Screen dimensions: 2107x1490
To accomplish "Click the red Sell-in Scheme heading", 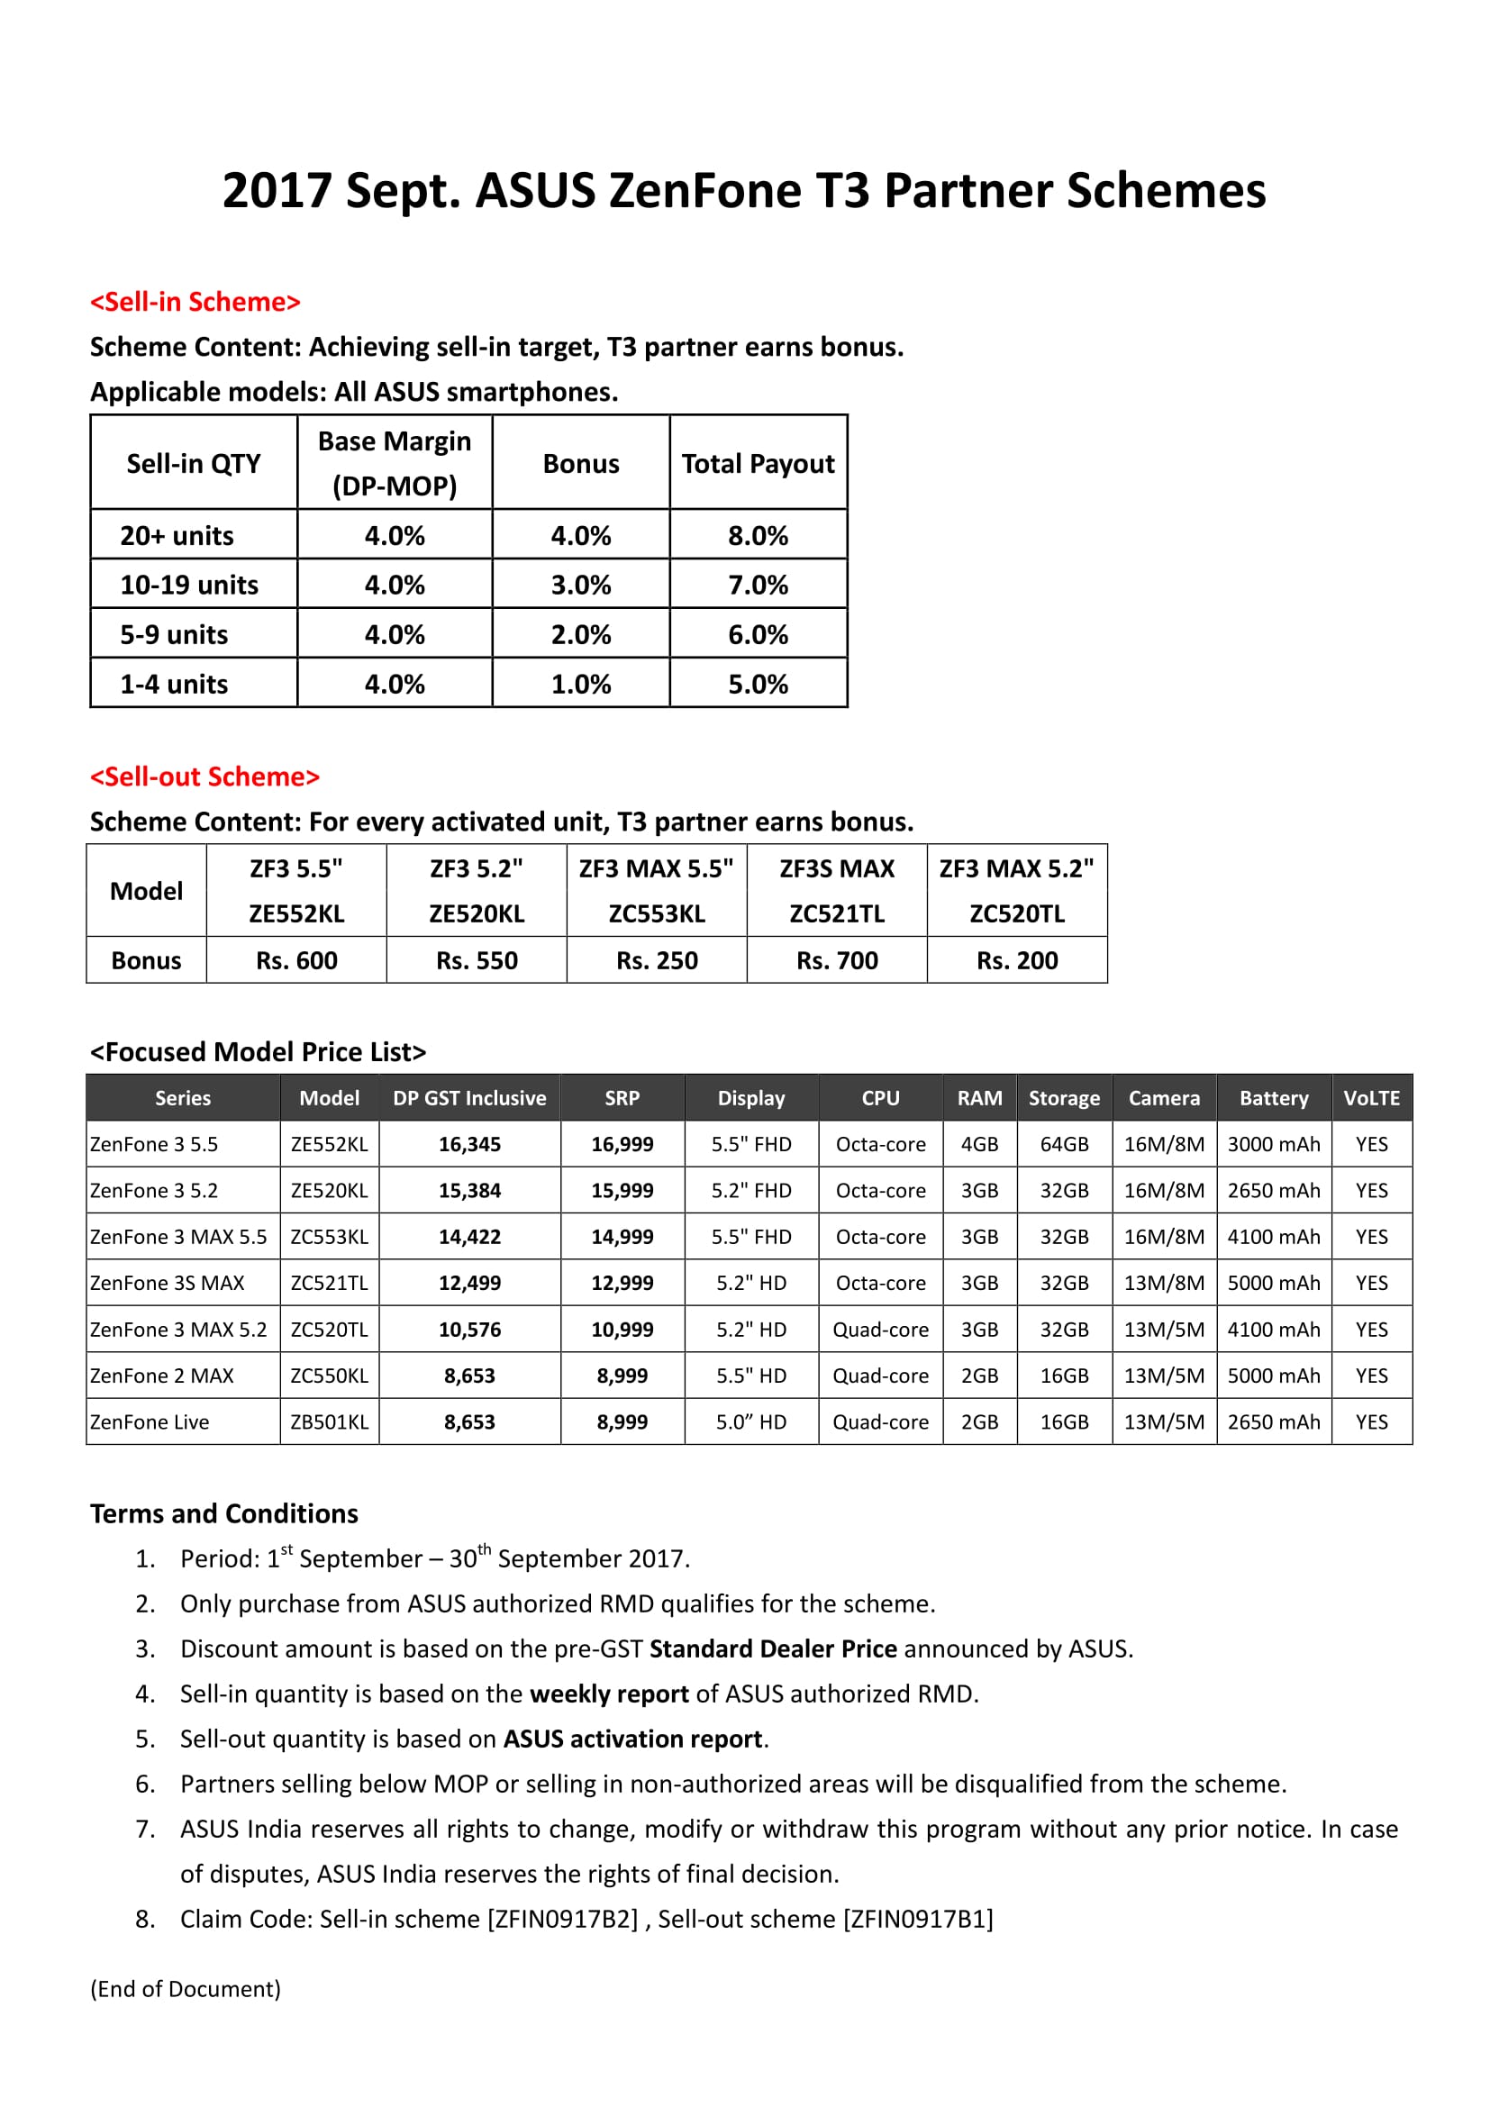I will [195, 302].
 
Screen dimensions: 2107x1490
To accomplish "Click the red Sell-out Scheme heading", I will [204, 777].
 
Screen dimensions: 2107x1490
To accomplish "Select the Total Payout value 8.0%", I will [758, 536].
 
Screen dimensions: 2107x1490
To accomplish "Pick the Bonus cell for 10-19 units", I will [581, 586].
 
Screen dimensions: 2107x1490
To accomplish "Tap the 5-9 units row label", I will [175, 635].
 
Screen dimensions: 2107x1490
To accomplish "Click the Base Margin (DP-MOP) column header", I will [395, 463].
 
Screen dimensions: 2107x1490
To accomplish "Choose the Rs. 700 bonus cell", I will [837, 961].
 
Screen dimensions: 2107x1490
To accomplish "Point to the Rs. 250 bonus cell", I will [657, 961].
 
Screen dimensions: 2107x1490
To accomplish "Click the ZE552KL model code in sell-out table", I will [296, 914].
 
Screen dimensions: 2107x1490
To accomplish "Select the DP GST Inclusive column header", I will [468, 1098].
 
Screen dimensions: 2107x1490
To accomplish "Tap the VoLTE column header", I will [1371, 1098].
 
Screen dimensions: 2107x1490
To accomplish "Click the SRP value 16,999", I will [622, 1144].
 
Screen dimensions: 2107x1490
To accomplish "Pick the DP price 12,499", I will [468, 1283].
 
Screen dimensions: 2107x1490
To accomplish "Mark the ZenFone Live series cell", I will [150, 1421].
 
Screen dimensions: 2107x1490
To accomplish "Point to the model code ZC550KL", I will [329, 1376].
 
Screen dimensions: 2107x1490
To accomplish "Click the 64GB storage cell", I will [1063, 1144].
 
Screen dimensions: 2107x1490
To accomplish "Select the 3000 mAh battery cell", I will [1274, 1144].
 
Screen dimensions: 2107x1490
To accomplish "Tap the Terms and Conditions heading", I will [224, 1513].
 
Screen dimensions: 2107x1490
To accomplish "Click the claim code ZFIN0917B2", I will [562, 1919].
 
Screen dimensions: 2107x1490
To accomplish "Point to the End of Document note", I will [186, 1989].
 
